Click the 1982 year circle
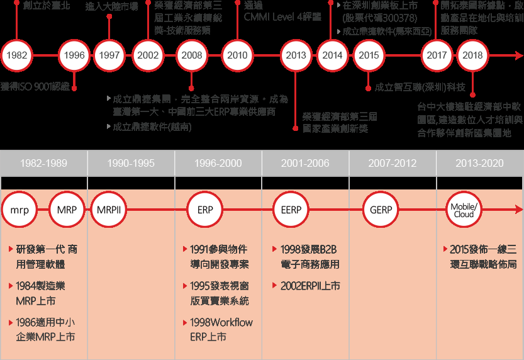tap(17, 55)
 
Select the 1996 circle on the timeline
tap(74, 55)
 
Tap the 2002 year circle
tap(148, 55)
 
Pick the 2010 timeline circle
tap(237, 55)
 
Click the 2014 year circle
tap(332, 55)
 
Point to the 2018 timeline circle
tap(472, 55)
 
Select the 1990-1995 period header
tap(131, 163)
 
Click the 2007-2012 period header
tap(393, 163)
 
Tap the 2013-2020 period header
tap(479, 163)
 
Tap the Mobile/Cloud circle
tap(464, 210)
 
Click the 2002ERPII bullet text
tap(310, 286)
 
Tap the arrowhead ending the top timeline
tap(520, 55)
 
